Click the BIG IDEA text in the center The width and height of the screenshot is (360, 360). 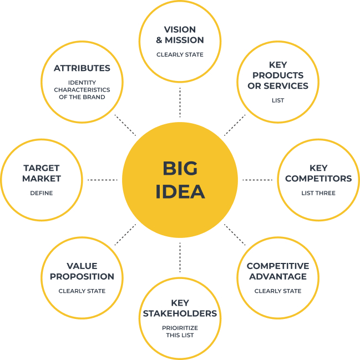(180, 180)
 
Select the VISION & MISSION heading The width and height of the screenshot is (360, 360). (180, 34)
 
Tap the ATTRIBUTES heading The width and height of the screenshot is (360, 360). (82, 68)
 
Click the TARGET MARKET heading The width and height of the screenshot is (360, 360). (42, 173)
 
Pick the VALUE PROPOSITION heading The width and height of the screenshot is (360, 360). (82, 271)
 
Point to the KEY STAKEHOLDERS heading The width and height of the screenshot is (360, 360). (180, 308)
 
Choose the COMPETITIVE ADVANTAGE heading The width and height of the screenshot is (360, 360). (277, 271)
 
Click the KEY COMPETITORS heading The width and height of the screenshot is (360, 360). (318, 173)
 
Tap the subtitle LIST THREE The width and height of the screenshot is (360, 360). (318, 193)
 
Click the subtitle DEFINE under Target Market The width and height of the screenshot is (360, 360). (42, 193)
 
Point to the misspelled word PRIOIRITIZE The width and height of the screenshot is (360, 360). (180, 328)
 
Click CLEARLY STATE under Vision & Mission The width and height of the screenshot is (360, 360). (180, 54)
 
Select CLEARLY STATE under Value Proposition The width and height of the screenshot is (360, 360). (82, 291)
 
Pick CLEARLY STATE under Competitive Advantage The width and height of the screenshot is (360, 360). (277, 291)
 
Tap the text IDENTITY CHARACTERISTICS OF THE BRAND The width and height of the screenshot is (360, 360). (82, 89)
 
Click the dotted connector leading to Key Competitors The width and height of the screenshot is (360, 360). (258, 180)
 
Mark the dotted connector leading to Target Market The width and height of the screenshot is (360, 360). (103, 180)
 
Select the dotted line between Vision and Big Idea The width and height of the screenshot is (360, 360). (180, 102)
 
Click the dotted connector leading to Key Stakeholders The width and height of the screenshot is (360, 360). (180, 257)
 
